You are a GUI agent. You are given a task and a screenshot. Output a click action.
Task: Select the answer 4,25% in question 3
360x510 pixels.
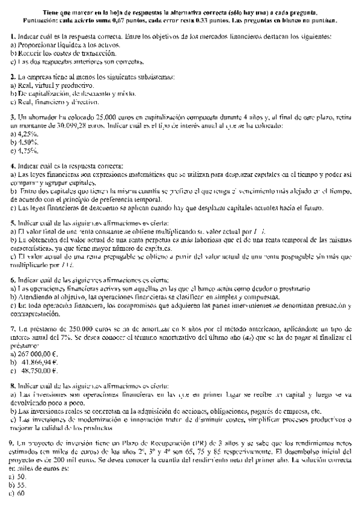[x=25, y=134]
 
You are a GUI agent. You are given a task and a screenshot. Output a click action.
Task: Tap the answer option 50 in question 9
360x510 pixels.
[x=22, y=476]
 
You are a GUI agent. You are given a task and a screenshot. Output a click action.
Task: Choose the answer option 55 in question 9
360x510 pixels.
[x=22, y=484]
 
